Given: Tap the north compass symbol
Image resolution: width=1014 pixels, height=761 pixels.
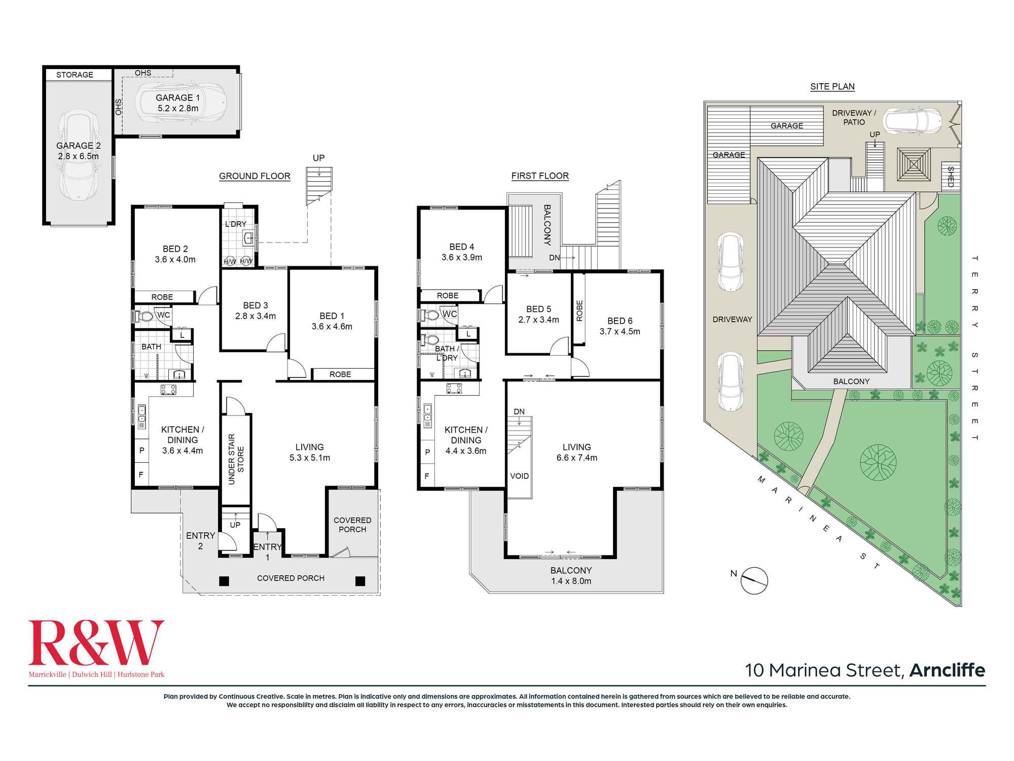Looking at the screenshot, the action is click(x=754, y=580).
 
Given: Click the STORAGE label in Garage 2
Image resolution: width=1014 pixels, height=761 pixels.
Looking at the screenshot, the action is click(x=75, y=75).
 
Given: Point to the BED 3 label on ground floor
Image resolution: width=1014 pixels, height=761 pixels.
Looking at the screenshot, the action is click(x=256, y=305).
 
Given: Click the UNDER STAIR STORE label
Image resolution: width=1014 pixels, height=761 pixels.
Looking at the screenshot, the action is click(x=236, y=459).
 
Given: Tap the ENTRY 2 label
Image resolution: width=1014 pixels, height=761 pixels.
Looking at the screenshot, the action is click(x=201, y=541).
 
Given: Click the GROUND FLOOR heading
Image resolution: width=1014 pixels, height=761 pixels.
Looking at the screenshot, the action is click(x=255, y=176).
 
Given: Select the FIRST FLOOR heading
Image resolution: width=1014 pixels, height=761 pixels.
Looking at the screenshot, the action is click(x=540, y=176).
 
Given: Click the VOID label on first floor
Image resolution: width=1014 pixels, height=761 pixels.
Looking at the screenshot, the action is click(x=519, y=476).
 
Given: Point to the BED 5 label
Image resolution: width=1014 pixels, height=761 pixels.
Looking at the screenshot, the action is click(x=538, y=309).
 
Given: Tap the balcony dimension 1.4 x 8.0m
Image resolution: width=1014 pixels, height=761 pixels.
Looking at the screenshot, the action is click(x=571, y=581).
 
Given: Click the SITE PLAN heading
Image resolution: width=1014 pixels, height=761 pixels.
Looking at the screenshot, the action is click(x=832, y=86).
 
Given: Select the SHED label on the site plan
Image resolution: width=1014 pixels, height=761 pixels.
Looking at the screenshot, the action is click(x=951, y=177).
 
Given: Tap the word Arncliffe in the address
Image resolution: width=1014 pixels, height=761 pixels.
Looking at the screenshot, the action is click(x=947, y=670).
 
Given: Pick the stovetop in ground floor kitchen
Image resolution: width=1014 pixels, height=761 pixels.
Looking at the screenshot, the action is click(x=168, y=390).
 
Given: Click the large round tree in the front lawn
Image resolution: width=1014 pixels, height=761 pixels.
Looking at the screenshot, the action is click(x=878, y=462).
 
